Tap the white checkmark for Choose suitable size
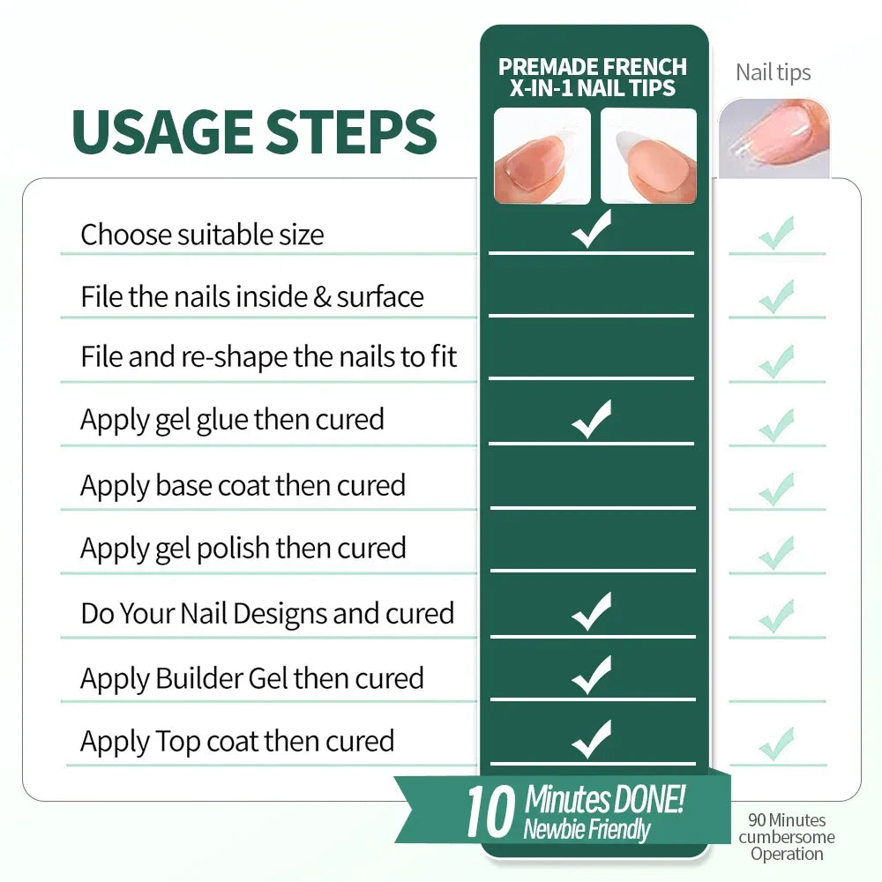(x=591, y=228)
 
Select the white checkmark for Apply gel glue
(x=591, y=419)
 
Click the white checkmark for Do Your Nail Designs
(x=591, y=611)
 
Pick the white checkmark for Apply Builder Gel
(x=591, y=675)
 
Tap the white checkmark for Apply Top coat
(x=591, y=738)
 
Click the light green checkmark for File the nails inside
(x=776, y=296)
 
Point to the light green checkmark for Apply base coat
(x=776, y=489)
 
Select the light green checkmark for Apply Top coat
(x=776, y=744)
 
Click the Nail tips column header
(x=774, y=72)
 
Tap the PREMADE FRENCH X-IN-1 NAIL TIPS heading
(x=593, y=77)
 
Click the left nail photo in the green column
(x=542, y=156)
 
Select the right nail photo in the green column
(x=648, y=156)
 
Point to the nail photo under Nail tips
(x=774, y=138)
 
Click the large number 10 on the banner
(x=490, y=811)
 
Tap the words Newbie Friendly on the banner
(x=587, y=829)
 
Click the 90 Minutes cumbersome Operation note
(x=787, y=837)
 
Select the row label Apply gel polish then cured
(x=243, y=549)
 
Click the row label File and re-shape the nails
(x=268, y=357)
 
